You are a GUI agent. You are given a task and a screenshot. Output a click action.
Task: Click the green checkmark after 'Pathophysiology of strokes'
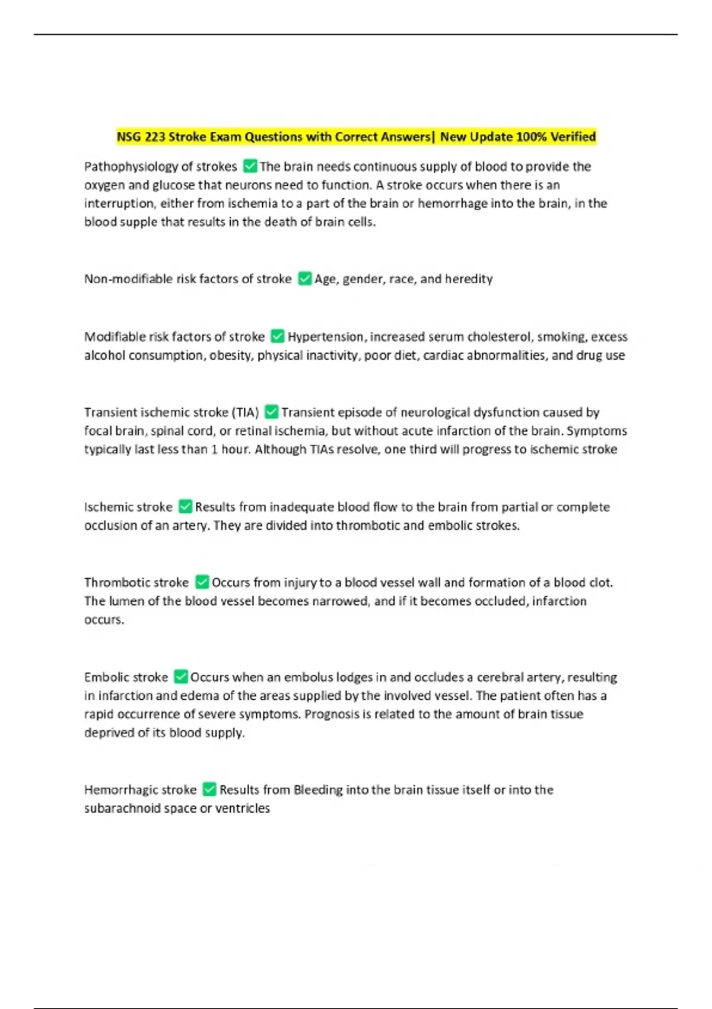tap(250, 166)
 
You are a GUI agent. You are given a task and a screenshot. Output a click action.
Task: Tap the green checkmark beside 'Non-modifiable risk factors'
tap(304, 278)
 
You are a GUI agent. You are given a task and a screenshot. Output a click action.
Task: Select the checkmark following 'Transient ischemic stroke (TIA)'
tap(271, 411)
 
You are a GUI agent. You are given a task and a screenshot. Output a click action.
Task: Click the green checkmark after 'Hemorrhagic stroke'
tap(209, 789)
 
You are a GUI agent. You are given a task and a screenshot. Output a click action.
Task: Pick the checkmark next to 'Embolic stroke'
tap(180, 677)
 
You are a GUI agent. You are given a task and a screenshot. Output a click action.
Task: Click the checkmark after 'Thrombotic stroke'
tap(202, 582)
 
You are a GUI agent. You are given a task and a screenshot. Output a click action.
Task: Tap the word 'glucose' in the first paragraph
tap(173, 185)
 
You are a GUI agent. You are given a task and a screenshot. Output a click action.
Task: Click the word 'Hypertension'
tap(325, 337)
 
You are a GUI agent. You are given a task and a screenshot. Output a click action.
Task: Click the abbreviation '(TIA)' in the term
tap(245, 413)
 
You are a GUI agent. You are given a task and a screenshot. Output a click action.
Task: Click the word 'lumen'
tap(126, 601)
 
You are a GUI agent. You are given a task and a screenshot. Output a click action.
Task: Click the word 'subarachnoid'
tap(122, 808)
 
